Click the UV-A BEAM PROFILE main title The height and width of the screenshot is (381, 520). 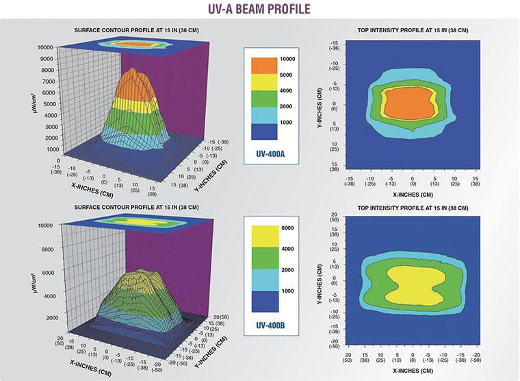tap(260, 10)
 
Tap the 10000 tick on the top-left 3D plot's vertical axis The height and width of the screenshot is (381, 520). tap(45, 47)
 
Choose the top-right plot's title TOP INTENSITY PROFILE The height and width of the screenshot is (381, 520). tap(413, 31)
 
